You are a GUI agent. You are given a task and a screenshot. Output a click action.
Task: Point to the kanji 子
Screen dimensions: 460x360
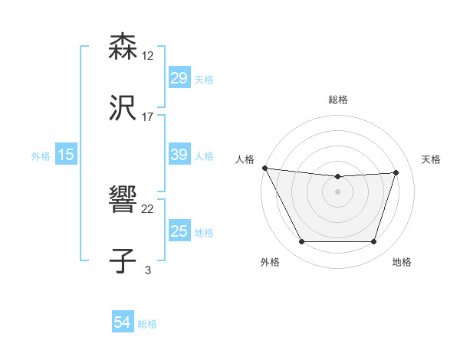(x=123, y=260)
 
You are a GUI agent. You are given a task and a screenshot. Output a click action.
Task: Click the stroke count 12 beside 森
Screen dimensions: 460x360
(x=148, y=55)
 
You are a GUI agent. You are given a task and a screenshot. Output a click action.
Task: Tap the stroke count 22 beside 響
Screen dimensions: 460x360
(x=148, y=208)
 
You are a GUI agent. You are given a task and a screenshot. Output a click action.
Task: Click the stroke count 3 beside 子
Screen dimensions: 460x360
(x=148, y=270)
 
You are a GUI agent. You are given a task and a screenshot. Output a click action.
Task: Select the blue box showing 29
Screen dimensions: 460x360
(x=179, y=78)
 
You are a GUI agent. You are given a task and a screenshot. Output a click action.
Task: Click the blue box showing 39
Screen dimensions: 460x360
(x=179, y=155)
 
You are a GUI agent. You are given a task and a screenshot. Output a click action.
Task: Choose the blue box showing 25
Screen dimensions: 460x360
(x=179, y=231)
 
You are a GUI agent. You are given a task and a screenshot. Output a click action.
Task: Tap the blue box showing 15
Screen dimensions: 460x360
(x=66, y=155)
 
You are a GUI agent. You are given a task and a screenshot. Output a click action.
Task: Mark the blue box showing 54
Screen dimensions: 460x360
(x=123, y=322)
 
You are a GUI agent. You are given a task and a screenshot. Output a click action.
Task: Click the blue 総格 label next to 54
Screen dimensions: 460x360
(x=147, y=324)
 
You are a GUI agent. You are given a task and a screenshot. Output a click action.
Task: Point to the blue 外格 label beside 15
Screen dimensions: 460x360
(x=41, y=156)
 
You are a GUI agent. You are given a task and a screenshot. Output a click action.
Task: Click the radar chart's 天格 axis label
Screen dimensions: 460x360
(x=431, y=159)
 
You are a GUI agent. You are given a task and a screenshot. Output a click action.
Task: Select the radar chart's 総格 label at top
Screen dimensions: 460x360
(x=338, y=100)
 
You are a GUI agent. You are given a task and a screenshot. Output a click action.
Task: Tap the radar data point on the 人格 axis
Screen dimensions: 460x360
(x=264, y=168)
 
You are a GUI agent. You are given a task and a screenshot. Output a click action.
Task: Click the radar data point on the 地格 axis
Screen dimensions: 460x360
(x=374, y=242)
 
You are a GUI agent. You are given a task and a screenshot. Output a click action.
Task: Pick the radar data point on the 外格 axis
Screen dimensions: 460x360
(x=301, y=242)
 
